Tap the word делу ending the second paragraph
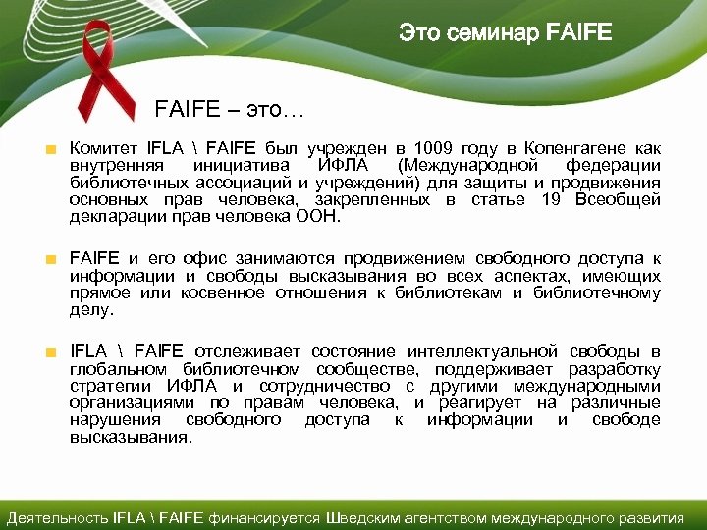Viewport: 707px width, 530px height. click(91, 310)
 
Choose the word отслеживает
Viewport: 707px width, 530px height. click(246, 351)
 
